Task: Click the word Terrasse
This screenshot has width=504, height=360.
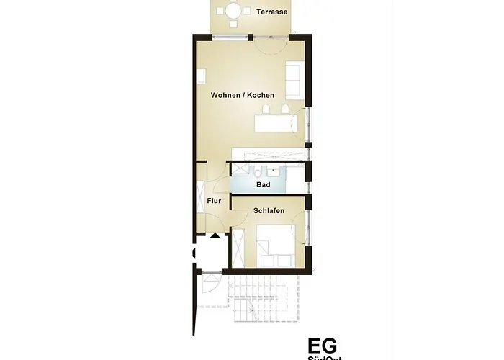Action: (x=271, y=12)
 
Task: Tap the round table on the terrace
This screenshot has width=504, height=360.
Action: (x=234, y=11)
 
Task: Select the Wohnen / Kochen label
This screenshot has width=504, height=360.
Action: (x=242, y=95)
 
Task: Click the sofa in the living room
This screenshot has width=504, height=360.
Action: (x=293, y=80)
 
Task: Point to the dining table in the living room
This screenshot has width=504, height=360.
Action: (x=276, y=125)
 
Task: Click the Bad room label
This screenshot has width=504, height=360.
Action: (x=263, y=185)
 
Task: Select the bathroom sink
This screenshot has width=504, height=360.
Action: (x=274, y=171)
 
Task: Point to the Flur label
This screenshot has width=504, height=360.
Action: (x=214, y=201)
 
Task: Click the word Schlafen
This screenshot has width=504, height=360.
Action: (x=269, y=211)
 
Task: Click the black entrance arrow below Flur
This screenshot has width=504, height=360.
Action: (x=215, y=235)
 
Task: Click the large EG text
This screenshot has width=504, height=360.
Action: (x=322, y=346)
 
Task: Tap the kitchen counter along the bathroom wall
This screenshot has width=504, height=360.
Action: (x=268, y=154)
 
